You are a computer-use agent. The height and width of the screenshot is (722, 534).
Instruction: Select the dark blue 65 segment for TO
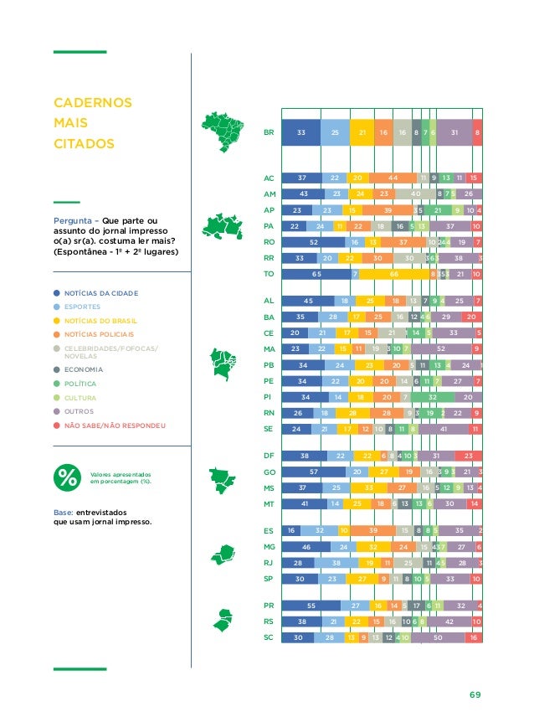point(316,274)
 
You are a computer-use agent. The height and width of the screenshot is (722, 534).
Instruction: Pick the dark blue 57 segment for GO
point(312,472)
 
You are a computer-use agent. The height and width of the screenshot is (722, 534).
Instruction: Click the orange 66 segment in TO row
point(393,274)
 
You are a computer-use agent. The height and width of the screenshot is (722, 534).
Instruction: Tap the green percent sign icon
point(66,477)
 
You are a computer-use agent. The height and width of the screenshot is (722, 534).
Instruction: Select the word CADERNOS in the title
point(92,103)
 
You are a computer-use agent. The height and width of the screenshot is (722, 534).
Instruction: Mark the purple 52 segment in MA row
point(440,348)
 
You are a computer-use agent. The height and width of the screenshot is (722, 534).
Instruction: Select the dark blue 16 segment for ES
point(291,530)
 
